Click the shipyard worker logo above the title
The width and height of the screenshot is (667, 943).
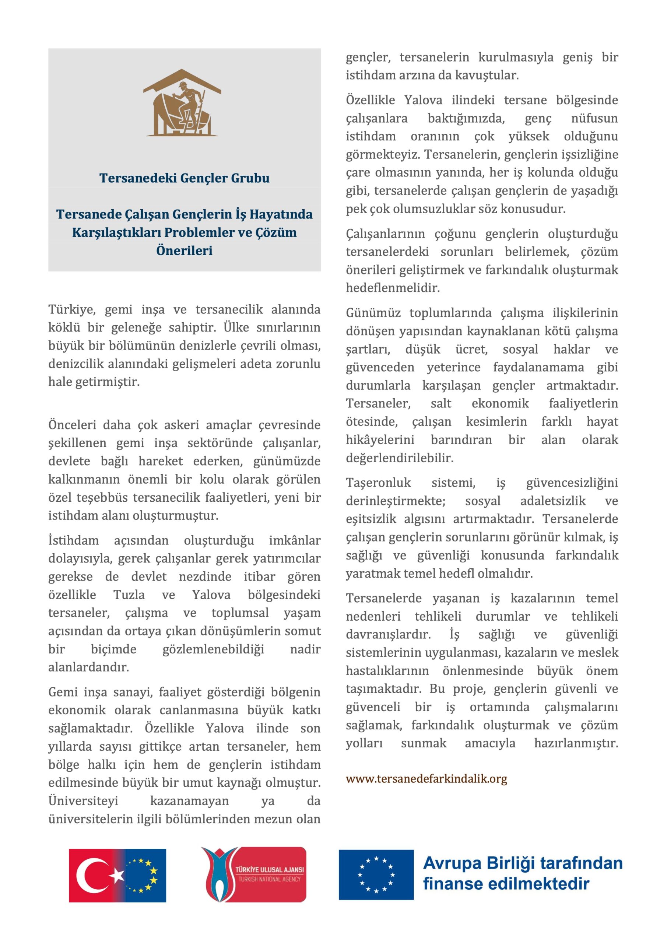182,104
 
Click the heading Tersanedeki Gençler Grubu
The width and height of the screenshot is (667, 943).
185,178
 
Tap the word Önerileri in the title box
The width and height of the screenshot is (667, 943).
185,250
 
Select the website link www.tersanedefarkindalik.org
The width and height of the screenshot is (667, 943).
426,779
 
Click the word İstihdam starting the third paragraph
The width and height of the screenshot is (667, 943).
74,540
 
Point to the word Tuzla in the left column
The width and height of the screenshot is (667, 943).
129,595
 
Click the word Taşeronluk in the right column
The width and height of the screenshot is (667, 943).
378,483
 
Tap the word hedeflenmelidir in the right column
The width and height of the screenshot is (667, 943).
393,288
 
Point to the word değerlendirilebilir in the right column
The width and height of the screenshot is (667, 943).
400,458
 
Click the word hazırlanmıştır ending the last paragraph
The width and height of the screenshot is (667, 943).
576,743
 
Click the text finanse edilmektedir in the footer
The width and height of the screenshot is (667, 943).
506,884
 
